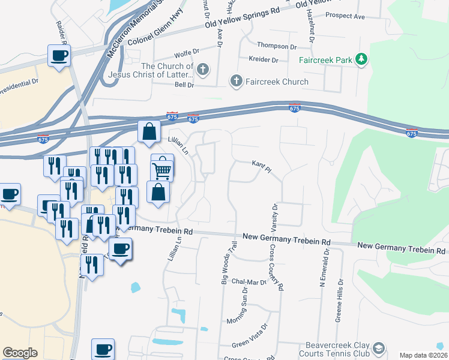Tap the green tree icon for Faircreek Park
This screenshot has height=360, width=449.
pyautogui.click(x=361, y=59)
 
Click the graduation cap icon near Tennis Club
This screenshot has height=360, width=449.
pyautogui.click(x=379, y=348)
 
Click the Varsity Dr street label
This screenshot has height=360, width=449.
pyautogui.click(x=274, y=217)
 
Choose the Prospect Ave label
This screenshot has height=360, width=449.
pyautogui.click(x=345, y=16)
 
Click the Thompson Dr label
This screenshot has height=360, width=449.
pyautogui.click(x=277, y=46)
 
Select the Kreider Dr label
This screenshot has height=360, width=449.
pyautogui.click(x=264, y=59)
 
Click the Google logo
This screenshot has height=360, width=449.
pyautogui.click(x=19, y=353)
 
